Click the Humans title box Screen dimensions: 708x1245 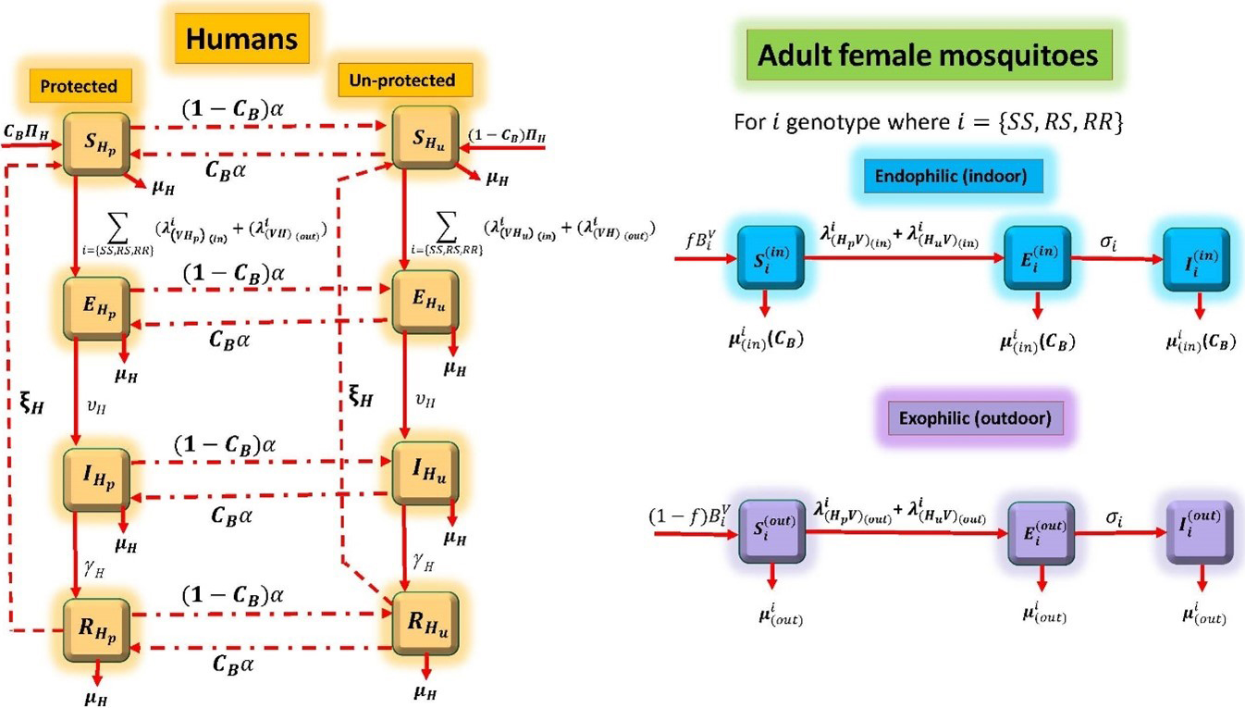241,39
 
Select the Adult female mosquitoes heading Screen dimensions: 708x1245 927,55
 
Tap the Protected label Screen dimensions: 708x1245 79,86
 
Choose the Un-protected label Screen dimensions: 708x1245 401,81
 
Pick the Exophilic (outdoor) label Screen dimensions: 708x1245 975,418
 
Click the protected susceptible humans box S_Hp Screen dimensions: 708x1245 95,143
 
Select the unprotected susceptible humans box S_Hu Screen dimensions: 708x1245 425,138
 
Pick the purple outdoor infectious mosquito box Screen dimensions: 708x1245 1198,533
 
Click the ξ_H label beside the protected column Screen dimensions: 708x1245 31,404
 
